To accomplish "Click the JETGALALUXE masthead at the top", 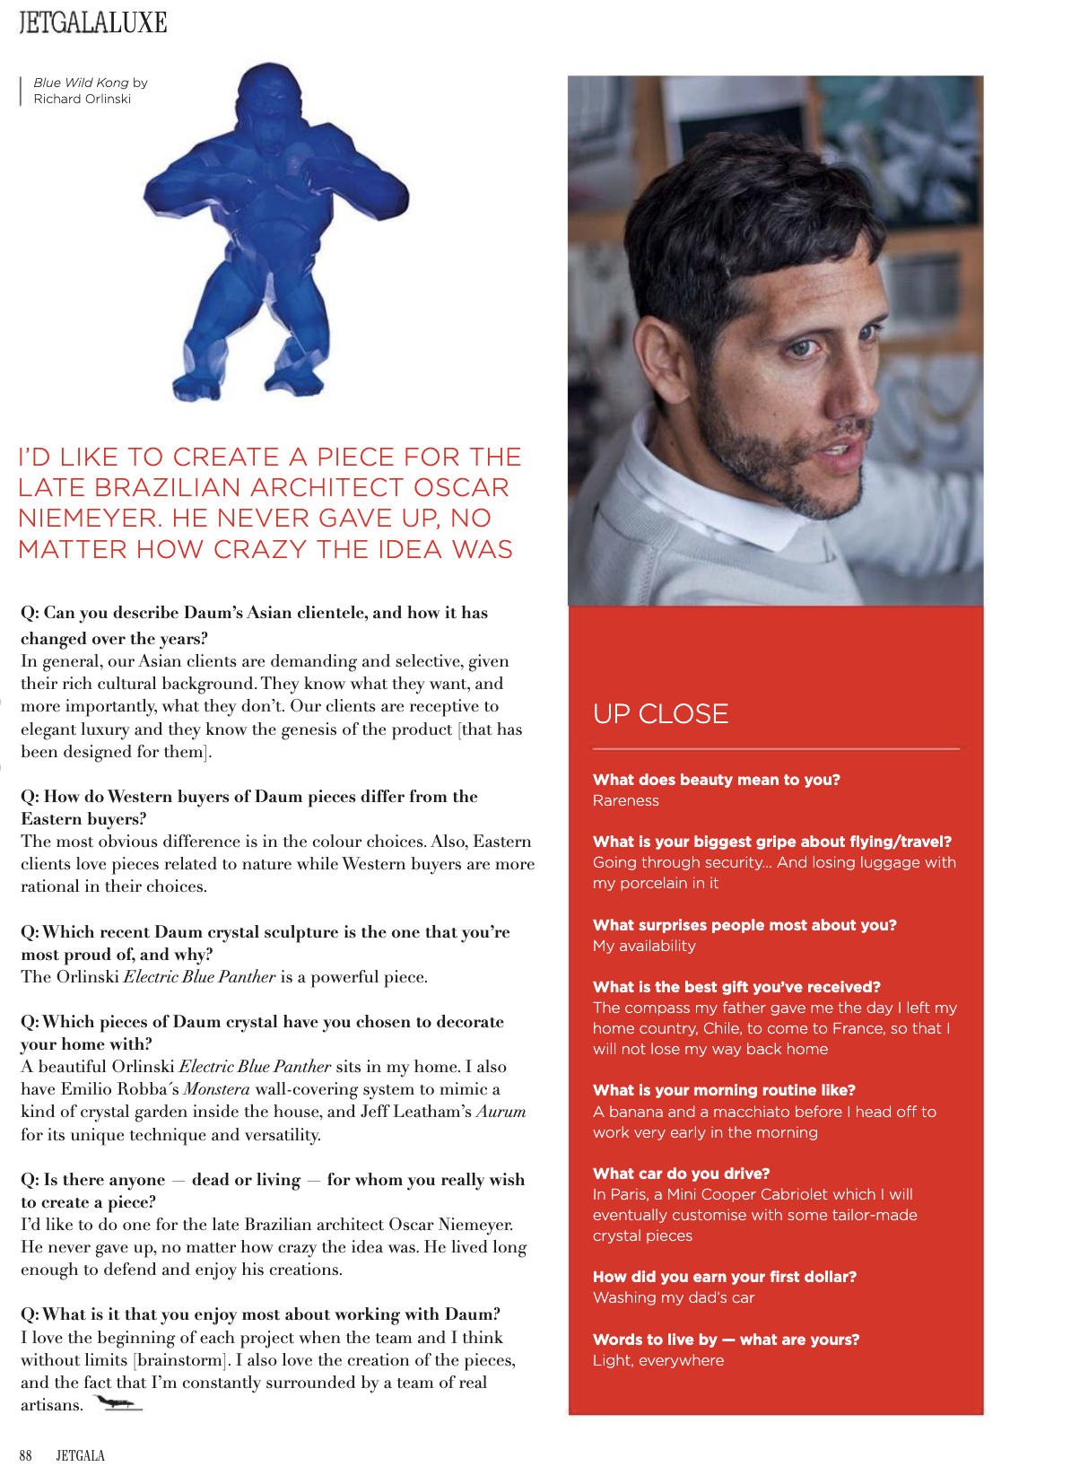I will (x=93, y=22).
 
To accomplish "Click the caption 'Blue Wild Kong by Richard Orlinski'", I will (x=90, y=91).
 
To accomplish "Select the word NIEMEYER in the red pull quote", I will (x=82, y=519).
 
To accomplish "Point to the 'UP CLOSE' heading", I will (x=660, y=714).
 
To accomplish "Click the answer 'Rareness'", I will (x=625, y=800).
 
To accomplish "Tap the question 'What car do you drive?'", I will (x=681, y=1174).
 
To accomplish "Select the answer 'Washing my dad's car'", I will (x=673, y=1297).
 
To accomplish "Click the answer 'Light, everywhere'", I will (x=657, y=1360).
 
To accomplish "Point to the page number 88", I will (x=26, y=1455).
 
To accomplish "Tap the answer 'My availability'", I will (x=643, y=946).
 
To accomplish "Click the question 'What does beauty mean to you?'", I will (x=716, y=780).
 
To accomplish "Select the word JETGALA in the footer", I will (x=81, y=1455).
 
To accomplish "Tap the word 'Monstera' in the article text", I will (x=216, y=1089).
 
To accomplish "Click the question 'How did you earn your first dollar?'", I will (x=724, y=1277).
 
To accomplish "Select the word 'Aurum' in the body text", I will (x=501, y=1112).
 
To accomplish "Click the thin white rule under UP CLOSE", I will (x=776, y=748).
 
